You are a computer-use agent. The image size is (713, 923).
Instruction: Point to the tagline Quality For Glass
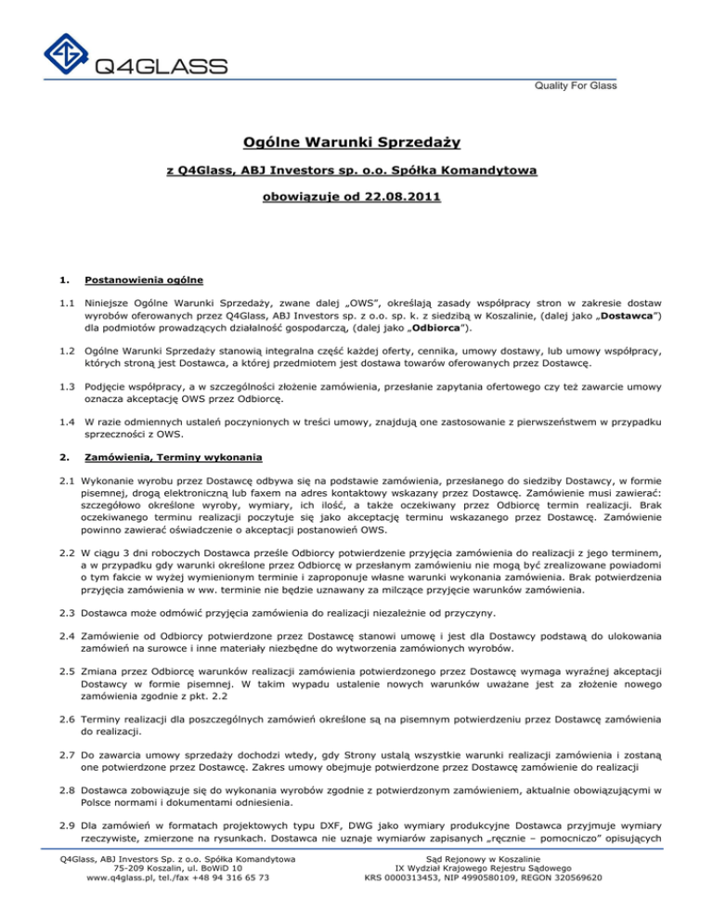coord(568,86)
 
